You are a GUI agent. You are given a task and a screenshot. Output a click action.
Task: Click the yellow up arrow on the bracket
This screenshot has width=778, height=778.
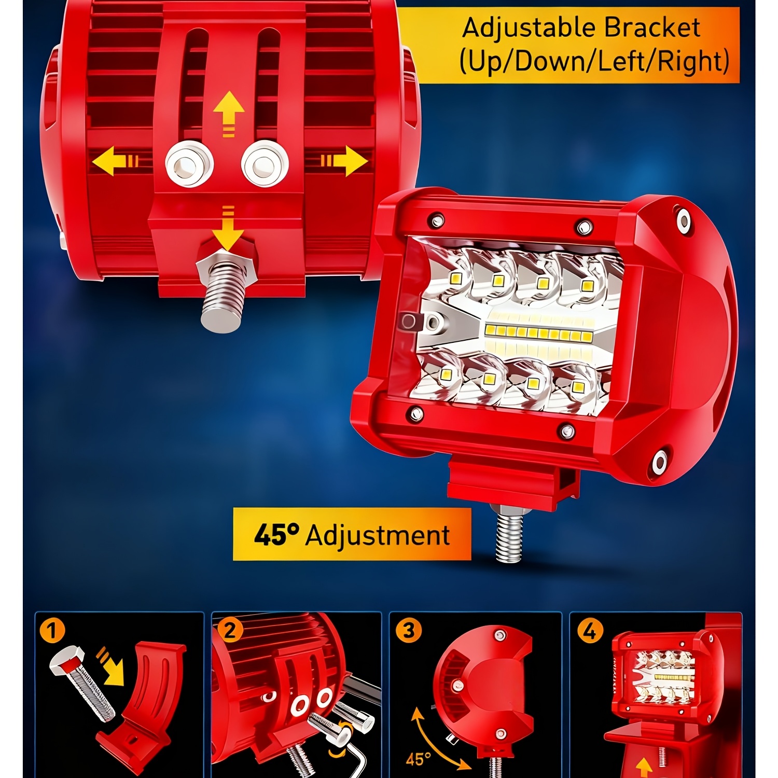point(229,114)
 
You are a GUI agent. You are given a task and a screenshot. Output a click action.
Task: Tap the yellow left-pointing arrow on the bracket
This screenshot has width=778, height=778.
point(115,161)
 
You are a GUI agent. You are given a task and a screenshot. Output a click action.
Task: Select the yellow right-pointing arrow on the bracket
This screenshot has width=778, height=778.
point(344,161)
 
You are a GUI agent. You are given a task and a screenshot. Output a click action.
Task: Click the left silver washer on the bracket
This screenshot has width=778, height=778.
point(189,164)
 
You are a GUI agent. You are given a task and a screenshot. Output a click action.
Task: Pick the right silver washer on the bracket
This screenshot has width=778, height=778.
point(265,164)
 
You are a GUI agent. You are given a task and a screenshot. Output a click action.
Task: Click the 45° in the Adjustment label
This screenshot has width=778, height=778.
point(276,534)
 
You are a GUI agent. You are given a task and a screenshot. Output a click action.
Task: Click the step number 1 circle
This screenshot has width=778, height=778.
point(52,631)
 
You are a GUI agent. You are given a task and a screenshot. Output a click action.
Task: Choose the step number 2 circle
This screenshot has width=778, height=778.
point(230,631)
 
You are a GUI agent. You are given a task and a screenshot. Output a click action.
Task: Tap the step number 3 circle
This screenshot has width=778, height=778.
point(409,631)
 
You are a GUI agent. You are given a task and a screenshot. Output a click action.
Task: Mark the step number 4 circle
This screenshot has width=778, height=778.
point(590,632)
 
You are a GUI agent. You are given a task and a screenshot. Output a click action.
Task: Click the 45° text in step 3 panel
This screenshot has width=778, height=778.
point(418,759)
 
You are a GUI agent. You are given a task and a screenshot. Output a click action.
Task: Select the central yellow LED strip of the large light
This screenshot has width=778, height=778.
point(538,332)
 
